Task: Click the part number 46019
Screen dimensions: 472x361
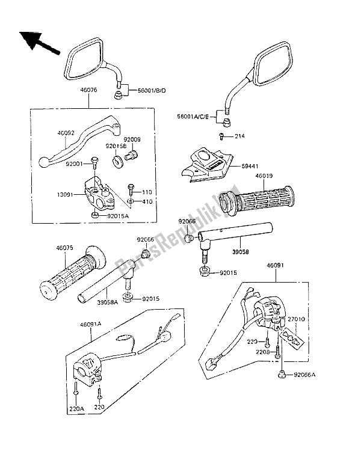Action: pyautogui.click(x=264, y=177)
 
